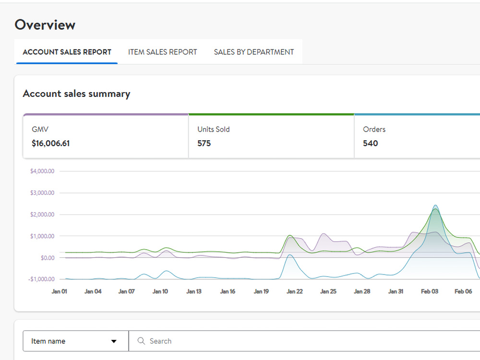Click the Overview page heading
click(x=45, y=25)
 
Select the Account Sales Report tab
click(x=67, y=52)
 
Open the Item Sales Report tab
click(x=163, y=52)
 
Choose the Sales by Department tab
click(x=254, y=52)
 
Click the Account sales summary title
click(x=76, y=94)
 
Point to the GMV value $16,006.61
click(x=51, y=143)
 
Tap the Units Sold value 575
click(x=204, y=143)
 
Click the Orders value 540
click(x=371, y=143)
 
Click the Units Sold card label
click(x=214, y=130)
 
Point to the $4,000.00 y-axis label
click(x=42, y=171)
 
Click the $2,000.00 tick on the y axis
click(x=42, y=215)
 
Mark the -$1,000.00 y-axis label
click(x=41, y=279)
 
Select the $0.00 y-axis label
click(x=48, y=258)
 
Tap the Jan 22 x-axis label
click(x=295, y=291)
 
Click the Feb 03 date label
click(x=430, y=291)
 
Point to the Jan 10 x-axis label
click(x=160, y=291)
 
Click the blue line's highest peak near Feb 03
click(x=435, y=205)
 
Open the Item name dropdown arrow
click(x=114, y=341)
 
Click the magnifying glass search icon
click(x=141, y=341)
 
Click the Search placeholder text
click(x=160, y=341)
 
